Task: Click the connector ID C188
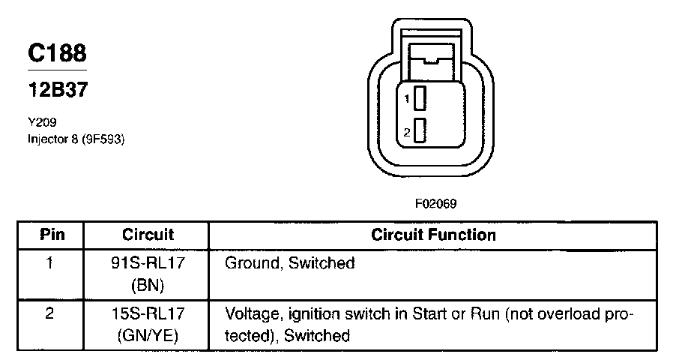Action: point(57,53)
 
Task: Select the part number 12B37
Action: point(57,90)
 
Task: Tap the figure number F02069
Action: point(436,203)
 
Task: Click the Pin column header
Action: point(52,235)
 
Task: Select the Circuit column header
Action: point(148,235)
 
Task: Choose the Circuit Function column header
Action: point(433,235)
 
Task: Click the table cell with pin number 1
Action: point(49,263)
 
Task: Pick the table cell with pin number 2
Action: point(49,313)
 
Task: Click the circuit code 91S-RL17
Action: point(148,263)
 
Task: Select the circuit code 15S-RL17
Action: point(148,313)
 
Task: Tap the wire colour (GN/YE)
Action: point(148,335)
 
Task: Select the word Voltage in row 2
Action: point(251,313)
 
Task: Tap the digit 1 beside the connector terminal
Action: point(406,98)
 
